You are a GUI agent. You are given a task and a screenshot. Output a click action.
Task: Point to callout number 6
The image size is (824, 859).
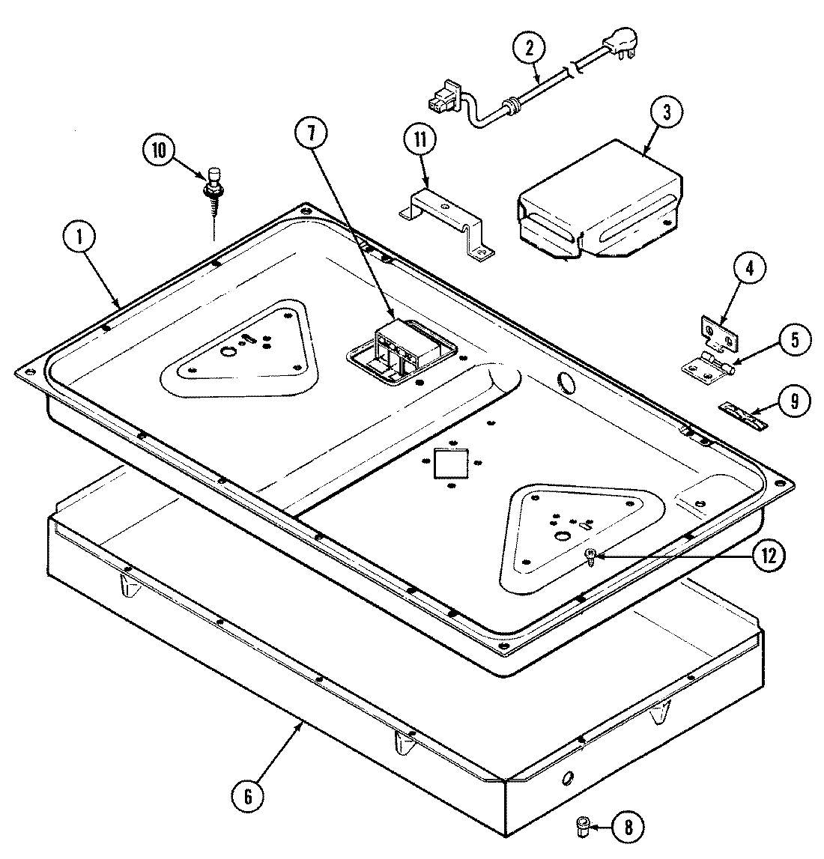tap(248, 797)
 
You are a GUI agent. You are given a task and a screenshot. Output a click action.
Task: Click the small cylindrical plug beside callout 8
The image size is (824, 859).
tap(581, 827)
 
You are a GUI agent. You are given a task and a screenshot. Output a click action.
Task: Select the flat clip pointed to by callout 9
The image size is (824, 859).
tap(744, 416)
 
